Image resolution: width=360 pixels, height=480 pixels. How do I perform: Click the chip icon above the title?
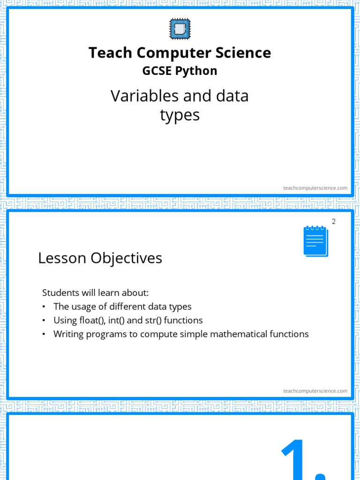(180, 29)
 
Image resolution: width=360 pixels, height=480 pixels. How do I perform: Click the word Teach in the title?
(111, 53)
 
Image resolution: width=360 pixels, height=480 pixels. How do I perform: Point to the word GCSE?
(157, 71)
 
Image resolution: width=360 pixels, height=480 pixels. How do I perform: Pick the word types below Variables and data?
(180, 115)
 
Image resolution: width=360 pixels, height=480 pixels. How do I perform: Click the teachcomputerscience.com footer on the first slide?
(315, 188)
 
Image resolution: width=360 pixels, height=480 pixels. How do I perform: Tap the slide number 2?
(334, 222)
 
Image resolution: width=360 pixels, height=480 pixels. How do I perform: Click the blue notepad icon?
(315, 241)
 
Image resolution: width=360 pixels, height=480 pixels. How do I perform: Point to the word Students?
(60, 293)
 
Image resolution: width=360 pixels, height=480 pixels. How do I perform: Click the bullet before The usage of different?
(44, 307)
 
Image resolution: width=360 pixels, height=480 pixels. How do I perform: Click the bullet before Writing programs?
(44, 335)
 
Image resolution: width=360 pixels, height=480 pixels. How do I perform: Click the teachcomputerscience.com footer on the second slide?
(315, 391)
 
